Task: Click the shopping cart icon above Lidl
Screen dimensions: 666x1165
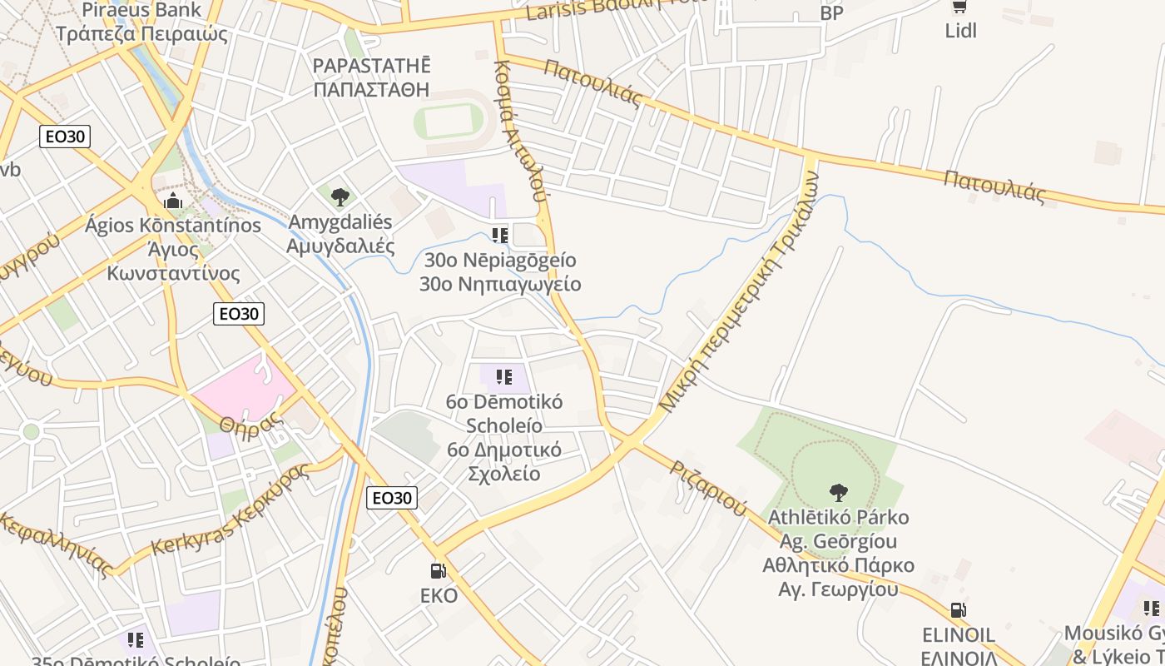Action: click(x=959, y=7)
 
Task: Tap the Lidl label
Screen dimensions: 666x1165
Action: click(x=960, y=31)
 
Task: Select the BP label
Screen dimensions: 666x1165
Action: click(x=831, y=13)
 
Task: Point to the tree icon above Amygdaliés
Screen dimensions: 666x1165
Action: click(x=340, y=197)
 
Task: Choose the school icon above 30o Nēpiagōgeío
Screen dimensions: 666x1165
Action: click(x=500, y=236)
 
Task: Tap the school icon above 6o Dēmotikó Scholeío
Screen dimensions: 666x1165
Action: click(x=503, y=378)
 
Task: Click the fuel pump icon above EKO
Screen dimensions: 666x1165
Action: click(x=438, y=571)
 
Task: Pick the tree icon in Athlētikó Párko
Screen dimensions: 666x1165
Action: click(x=839, y=492)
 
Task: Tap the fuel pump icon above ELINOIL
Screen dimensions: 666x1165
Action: click(x=958, y=610)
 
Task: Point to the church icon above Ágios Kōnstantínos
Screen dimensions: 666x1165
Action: click(x=173, y=201)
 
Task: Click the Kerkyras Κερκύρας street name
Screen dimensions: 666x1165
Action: click(x=231, y=510)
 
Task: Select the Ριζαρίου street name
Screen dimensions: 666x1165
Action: click(x=709, y=488)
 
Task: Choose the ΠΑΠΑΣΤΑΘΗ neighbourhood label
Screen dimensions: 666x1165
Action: click(x=372, y=89)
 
